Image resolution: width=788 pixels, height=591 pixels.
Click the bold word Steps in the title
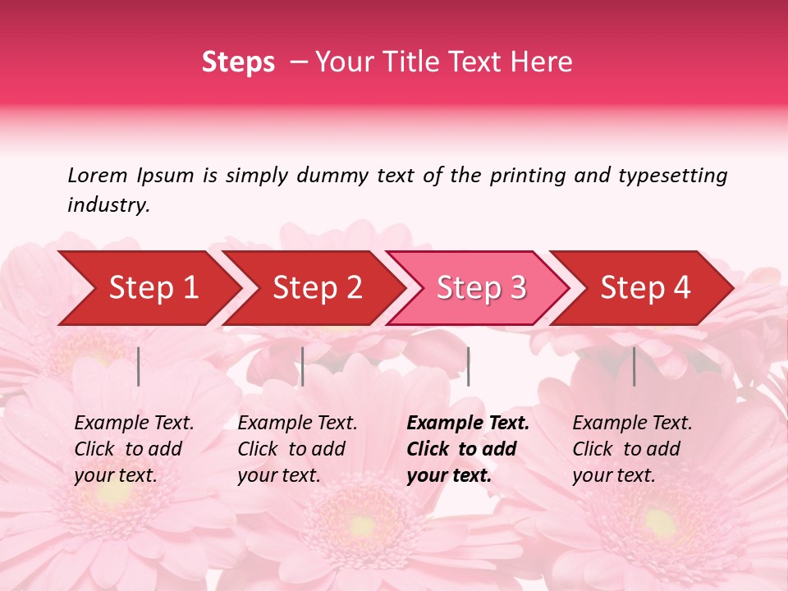238,62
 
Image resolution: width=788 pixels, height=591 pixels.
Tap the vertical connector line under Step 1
139,366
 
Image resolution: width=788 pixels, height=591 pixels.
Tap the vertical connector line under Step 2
303,366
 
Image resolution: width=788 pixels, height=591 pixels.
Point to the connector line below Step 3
468,366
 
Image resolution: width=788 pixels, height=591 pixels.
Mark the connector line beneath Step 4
634,366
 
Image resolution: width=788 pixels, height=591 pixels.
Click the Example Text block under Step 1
134,449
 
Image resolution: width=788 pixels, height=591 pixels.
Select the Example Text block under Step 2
297,449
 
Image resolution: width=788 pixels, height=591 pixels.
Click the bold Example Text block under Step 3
468,449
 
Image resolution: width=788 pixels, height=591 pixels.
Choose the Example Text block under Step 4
632,449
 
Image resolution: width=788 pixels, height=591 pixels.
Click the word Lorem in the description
97,176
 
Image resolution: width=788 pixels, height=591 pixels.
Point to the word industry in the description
108,205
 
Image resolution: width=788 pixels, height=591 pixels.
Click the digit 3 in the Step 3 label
517,288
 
